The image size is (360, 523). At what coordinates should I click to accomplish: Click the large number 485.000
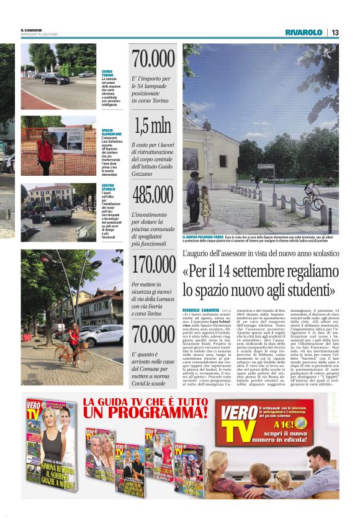pos(153,195)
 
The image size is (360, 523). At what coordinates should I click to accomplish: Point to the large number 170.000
pos(153,265)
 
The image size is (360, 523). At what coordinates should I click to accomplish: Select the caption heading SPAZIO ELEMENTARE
pos(112,132)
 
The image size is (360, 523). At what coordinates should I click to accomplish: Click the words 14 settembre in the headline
pos(248,271)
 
